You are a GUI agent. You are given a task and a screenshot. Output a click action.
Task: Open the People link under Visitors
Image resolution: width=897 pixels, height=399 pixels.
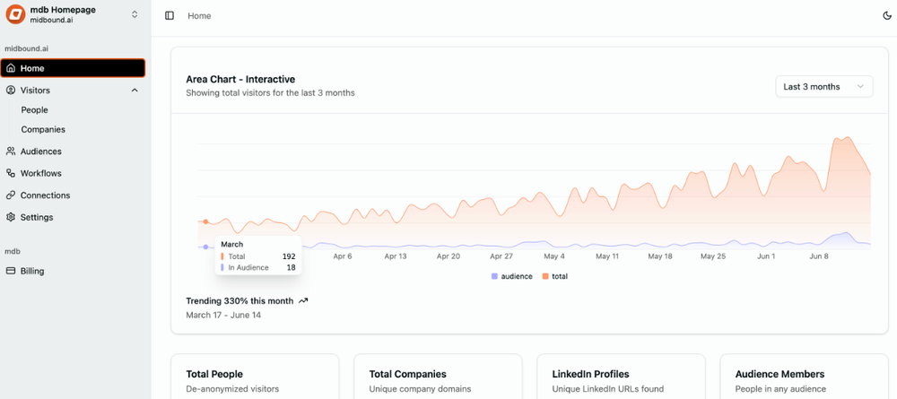(34, 109)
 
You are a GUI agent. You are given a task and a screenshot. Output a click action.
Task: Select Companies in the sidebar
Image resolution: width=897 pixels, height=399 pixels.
(43, 129)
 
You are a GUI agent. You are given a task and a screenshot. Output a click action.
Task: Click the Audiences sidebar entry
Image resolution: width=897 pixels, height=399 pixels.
(40, 152)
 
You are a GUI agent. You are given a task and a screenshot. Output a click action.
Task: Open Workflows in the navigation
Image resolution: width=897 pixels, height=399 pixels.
(40, 173)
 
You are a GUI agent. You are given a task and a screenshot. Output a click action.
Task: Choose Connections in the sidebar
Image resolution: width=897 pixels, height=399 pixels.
(45, 195)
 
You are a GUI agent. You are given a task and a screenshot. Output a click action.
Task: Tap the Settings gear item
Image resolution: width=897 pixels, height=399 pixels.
(36, 217)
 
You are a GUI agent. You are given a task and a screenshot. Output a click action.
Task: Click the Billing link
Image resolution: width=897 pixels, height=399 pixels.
(32, 271)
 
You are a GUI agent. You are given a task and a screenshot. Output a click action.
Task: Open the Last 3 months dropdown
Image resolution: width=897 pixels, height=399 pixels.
(823, 87)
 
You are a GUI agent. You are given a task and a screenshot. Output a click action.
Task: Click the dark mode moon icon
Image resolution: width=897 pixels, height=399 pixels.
(888, 15)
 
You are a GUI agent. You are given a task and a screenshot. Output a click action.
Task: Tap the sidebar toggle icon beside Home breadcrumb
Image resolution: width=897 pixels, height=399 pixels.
(170, 15)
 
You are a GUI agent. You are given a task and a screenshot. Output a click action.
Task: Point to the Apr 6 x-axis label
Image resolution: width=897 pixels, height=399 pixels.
(343, 256)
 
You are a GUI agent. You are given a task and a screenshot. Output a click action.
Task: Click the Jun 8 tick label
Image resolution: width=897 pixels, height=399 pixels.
(819, 256)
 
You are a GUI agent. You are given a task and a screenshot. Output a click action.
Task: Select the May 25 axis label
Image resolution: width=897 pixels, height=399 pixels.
(713, 256)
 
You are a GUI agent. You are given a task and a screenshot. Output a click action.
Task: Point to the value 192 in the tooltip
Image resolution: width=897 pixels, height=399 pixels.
(289, 256)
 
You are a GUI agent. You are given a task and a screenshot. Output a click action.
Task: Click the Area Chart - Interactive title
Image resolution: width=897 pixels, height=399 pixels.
(240, 79)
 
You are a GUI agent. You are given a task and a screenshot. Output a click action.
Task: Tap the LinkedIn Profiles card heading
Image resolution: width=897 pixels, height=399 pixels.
(590, 374)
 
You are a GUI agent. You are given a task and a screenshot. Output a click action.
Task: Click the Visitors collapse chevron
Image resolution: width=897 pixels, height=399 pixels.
(135, 91)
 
